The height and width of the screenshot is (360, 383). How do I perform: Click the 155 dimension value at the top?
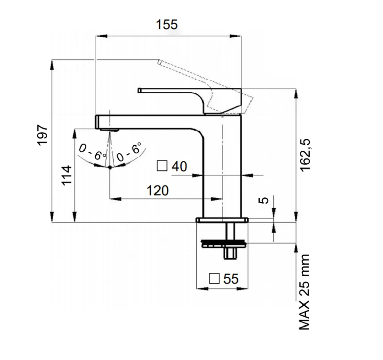(x=167, y=25)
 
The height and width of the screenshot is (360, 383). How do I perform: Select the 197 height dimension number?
(x=42, y=135)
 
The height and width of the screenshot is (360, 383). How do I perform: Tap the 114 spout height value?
(x=67, y=176)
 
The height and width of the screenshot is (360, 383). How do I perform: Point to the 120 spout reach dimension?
(x=158, y=190)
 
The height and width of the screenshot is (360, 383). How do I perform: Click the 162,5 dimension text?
(x=305, y=155)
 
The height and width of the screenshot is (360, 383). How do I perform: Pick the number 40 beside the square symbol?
(x=179, y=166)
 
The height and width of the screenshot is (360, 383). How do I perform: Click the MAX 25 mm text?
(x=304, y=292)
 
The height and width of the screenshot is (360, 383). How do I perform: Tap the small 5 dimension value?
(x=264, y=200)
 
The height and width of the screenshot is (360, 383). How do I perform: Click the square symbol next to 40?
(x=162, y=166)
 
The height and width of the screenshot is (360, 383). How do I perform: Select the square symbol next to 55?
(x=214, y=278)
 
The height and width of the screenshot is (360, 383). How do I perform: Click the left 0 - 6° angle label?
(x=93, y=152)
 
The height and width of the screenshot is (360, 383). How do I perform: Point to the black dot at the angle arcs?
(x=110, y=167)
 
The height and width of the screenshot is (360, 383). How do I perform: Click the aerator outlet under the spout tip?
(x=109, y=130)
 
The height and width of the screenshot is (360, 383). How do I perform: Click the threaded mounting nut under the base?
(x=223, y=244)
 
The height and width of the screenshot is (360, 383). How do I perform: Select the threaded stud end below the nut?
(x=230, y=253)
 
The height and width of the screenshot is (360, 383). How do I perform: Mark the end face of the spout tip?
(x=97, y=122)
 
